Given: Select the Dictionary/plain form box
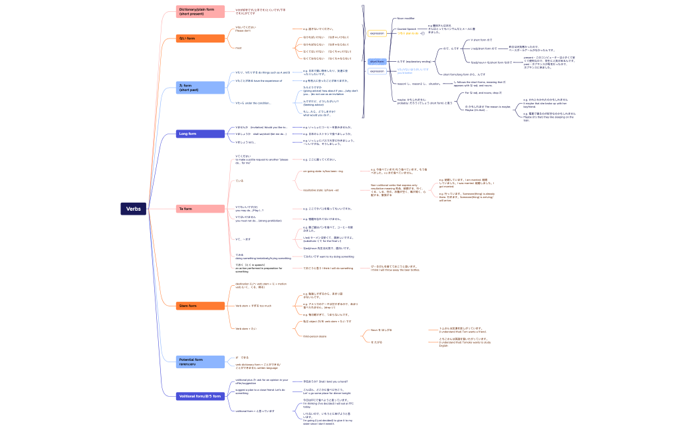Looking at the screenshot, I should pos(200,11).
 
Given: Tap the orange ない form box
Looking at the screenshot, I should pos(200,39).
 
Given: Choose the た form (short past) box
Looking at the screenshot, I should pos(200,88).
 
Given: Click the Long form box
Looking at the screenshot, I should pos(200,134).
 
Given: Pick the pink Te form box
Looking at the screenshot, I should pos(200,209).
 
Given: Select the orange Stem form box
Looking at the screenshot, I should pos(200,306).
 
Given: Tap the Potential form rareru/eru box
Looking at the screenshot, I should pos(200,362).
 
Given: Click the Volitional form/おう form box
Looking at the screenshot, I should pos(200,396).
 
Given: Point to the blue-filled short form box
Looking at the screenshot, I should pos(377,61).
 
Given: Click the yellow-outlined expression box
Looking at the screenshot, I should pos(377,33).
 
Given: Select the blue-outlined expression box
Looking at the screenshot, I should pos(377,70).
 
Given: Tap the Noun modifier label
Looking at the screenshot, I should pos(406,19).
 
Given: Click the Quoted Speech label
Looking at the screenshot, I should pos(407,29).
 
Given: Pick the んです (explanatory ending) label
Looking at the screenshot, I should pos(414,61).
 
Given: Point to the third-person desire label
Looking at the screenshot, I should pos(315,336).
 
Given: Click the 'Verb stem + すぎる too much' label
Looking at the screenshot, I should pos(253,306).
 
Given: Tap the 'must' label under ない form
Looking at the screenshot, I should pos(238,48).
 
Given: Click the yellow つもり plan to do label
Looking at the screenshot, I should pos(407,33).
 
